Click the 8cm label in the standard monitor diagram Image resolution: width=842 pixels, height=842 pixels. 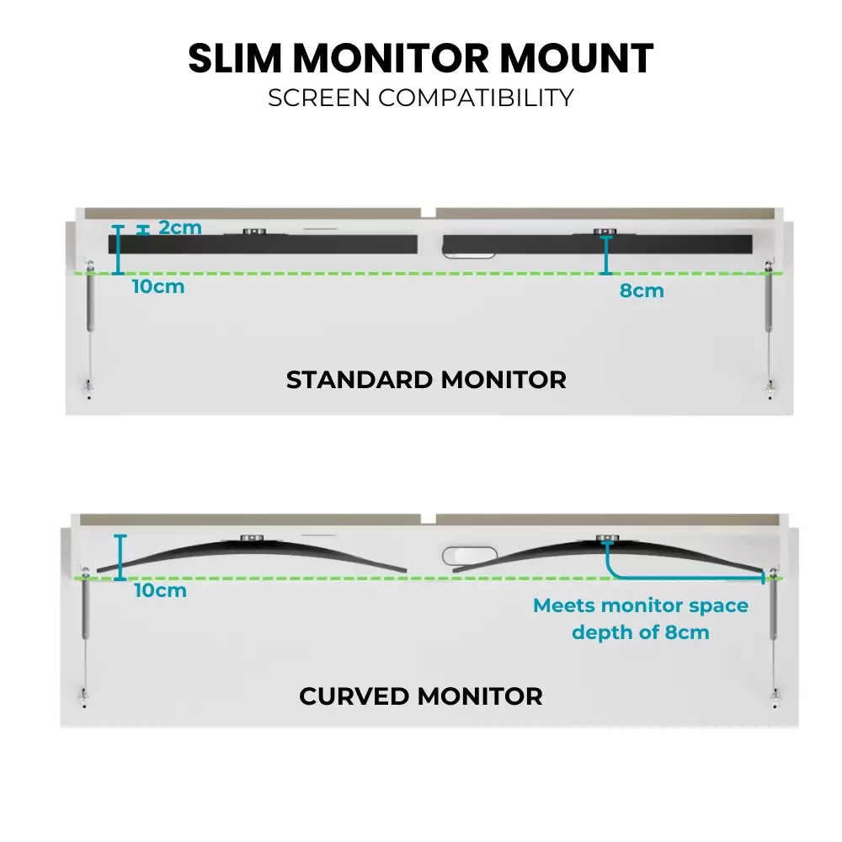point(642,291)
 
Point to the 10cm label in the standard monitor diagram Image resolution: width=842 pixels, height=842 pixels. point(158,286)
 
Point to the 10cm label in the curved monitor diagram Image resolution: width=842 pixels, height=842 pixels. point(160,590)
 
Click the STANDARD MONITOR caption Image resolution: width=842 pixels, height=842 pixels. point(426,380)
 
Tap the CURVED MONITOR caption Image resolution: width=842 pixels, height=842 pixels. point(421,697)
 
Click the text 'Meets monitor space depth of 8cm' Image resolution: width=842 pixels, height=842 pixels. point(641,619)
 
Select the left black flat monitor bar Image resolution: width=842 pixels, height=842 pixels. point(263,244)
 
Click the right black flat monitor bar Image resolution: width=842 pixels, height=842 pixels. point(598,244)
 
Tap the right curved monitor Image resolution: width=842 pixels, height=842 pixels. point(606,556)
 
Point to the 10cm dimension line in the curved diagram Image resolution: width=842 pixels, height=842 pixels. point(120,557)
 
